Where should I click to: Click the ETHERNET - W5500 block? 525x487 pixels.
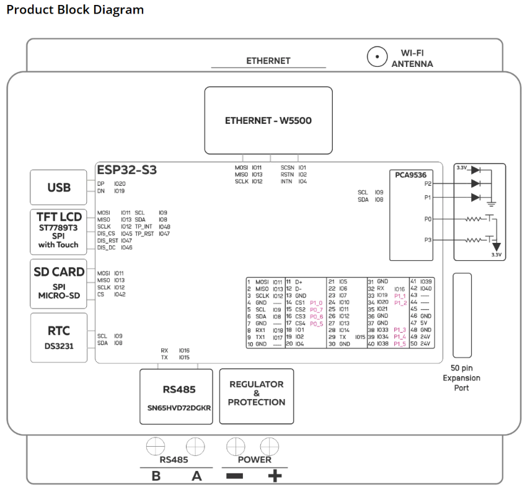coord(268,120)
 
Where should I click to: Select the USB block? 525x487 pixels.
coord(59,188)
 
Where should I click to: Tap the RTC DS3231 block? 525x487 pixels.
coord(59,338)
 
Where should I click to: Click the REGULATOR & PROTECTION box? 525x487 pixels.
coord(257,397)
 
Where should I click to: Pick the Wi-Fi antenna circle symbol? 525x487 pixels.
coord(377,56)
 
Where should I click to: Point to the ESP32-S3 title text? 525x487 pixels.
coord(127,170)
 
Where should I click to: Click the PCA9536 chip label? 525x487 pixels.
coord(410,175)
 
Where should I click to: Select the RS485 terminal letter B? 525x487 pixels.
coord(156,476)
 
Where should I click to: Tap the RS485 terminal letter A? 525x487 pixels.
coord(196,476)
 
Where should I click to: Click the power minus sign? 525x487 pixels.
coord(235,476)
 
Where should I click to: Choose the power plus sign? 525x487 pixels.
coord(275,476)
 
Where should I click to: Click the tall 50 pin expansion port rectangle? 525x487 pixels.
coord(462,315)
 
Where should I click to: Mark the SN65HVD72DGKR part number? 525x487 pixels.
coord(179,408)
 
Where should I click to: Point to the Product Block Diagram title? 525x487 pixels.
coord(75,10)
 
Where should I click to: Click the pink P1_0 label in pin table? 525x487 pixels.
coord(316,303)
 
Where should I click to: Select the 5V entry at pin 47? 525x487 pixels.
coord(423,323)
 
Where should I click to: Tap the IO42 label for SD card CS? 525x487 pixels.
coord(120,294)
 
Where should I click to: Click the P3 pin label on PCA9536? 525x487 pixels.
coord(428,240)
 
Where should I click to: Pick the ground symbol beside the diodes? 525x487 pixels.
coord(492,203)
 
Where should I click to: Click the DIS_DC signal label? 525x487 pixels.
coord(106,248)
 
